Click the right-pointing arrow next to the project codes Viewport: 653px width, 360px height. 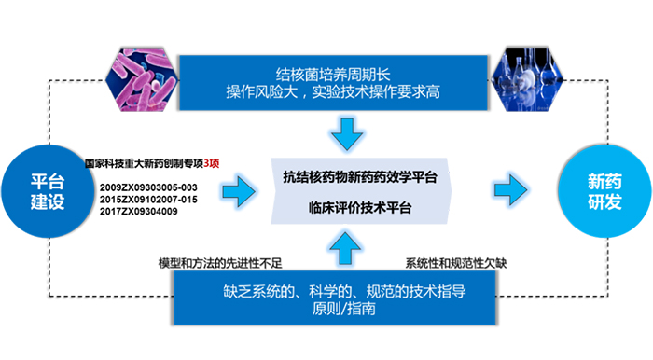245,190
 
